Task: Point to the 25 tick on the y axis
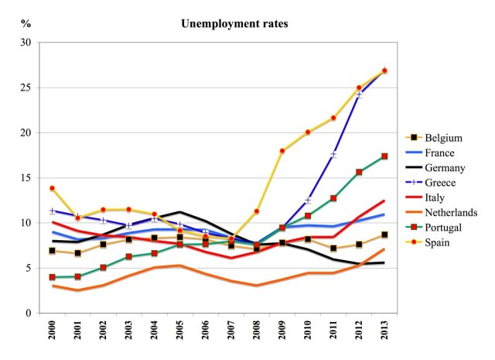29,87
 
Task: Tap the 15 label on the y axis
29,178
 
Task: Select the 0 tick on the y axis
32,313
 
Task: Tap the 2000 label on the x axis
53,335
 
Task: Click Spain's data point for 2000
53,188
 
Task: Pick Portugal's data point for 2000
53,277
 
